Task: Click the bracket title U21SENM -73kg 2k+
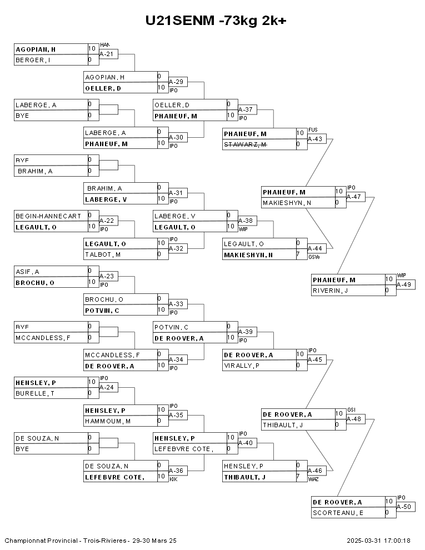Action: pyautogui.click(x=215, y=21)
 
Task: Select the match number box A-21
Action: pyautogui.click(x=108, y=54)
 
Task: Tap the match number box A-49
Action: pyautogui.click(x=406, y=284)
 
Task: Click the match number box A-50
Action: pyautogui.click(x=406, y=507)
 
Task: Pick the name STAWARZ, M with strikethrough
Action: pyautogui.click(x=246, y=144)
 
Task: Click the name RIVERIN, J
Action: pyautogui.click(x=330, y=290)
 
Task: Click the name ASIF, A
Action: pyautogui.click(x=28, y=272)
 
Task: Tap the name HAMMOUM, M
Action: pyautogui.click(x=108, y=421)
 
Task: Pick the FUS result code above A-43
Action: pyautogui.click(x=313, y=129)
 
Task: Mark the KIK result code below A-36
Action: pyautogui.click(x=173, y=479)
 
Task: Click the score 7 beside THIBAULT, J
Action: pyautogui.click(x=298, y=477)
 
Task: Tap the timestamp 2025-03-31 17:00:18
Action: pyautogui.click(x=378, y=541)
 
